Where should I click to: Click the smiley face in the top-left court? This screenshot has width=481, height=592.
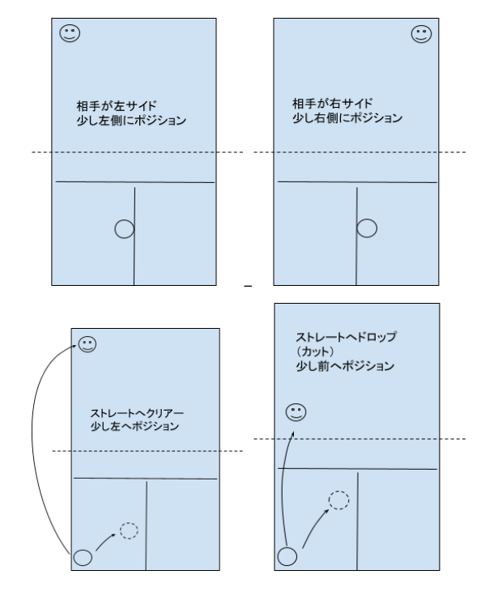tap(70, 33)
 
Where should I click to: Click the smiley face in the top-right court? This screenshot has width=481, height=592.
tap(421, 34)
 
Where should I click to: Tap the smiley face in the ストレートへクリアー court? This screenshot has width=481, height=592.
tap(87, 344)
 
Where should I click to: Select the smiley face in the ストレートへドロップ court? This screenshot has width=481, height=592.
tap(296, 412)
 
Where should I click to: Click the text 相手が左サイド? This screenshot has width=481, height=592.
tap(117, 106)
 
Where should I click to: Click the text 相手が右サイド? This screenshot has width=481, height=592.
tap(332, 104)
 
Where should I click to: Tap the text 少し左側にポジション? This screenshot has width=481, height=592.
tap(131, 121)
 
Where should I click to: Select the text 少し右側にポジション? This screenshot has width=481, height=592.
tap(347, 118)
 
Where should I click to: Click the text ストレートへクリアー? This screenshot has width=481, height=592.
tap(137, 413)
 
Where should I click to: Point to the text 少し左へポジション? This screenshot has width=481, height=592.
tap(134, 426)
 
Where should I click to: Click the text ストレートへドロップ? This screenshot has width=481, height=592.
tap(346, 337)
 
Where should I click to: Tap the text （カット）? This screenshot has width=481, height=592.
tap(315, 351)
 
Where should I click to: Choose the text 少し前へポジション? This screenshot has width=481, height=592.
tap(345, 366)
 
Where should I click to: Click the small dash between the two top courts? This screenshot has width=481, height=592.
tap(248, 287)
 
